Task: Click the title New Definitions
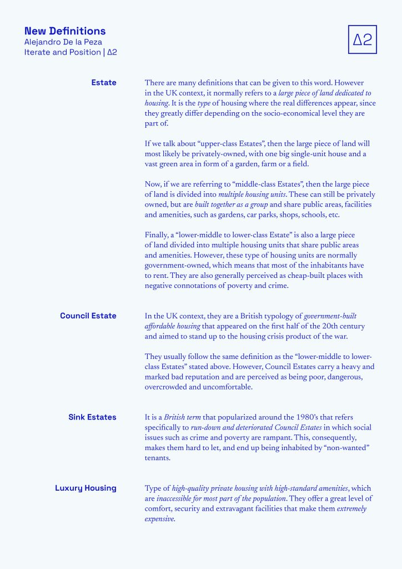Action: [65, 31]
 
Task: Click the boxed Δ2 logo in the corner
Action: [362, 39]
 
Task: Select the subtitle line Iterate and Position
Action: [62, 52]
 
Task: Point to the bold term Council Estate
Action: [88, 316]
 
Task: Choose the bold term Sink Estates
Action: [92, 417]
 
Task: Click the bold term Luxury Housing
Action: [86, 488]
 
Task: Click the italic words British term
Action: [185, 417]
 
